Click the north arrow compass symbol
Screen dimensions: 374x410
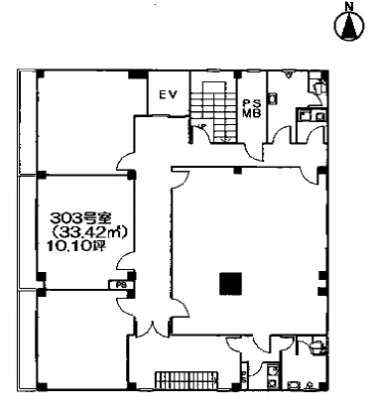click(x=349, y=25)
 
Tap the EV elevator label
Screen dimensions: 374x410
click(x=168, y=94)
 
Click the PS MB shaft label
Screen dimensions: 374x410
click(x=252, y=107)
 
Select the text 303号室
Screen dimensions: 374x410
click(x=81, y=217)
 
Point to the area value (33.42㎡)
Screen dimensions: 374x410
click(x=88, y=232)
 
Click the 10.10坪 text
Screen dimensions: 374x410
click(x=75, y=246)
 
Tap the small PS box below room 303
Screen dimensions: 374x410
click(x=121, y=285)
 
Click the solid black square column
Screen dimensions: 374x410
click(x=230, y=284)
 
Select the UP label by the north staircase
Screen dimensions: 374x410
click(x=200, y=126)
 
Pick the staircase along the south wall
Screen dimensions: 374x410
click(x=187, y=380)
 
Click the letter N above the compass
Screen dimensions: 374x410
click(x=348, y=6)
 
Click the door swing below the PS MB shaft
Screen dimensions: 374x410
click(x=254, y=152)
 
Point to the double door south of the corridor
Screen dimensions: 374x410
click(x=153, y=328)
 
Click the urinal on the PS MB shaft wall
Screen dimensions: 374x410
click(x=274, y=98)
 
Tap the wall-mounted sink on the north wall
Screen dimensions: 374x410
click(x=289, y=74)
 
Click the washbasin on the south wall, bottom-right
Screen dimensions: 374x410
click(x=294, y=385)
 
